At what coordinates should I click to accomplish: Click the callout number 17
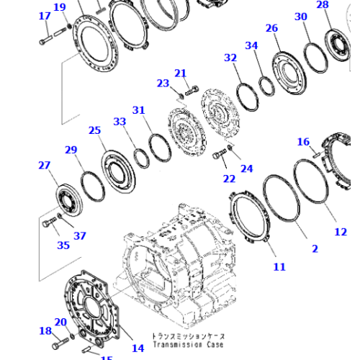click(45, 16)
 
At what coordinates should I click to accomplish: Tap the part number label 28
click(323, 5)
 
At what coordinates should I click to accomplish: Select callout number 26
click(271, 28)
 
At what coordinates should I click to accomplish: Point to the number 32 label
click(230, 58)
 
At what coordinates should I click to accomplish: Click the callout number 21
click(181, 73)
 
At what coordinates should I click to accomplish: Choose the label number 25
click(95, 130)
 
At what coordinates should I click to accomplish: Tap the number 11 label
click(279, 266)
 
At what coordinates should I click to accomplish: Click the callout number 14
click(138, 348)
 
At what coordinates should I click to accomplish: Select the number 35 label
click(64, 245)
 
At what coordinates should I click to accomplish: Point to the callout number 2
click(315, 248)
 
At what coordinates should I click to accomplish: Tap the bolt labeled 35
click(49, 224)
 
